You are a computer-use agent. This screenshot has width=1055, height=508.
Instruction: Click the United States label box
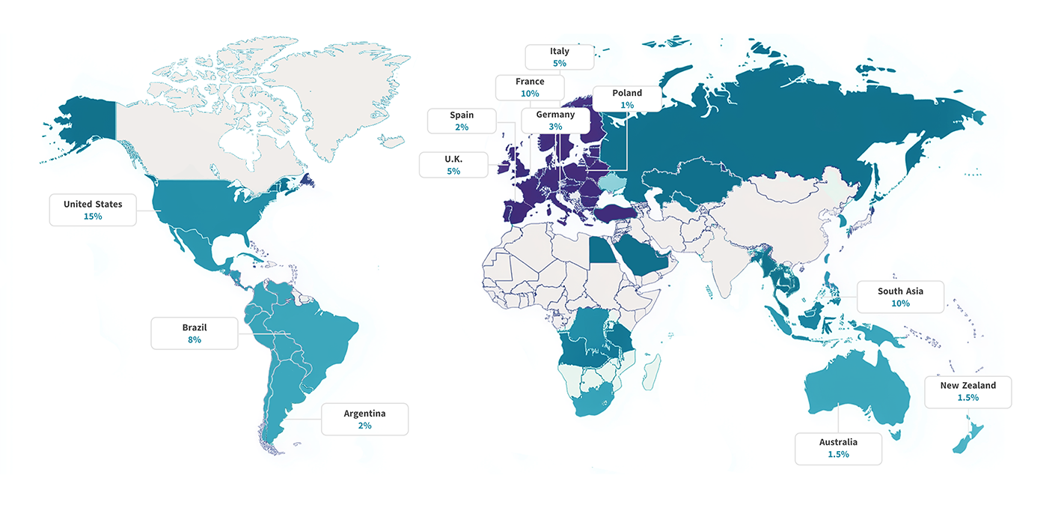tap(93, 210)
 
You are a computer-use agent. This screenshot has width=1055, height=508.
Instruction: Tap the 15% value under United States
tap(93, 217)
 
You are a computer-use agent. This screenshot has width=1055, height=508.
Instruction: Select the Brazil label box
tap(195, 333)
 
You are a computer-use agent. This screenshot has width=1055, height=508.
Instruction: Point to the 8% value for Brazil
tap(195, 340)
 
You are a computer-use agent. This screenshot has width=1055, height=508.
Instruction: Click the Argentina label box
tap(364, 419)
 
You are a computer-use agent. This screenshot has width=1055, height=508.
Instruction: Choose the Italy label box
tap(559, 57)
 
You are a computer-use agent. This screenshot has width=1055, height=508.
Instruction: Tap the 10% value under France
tap(530, 94)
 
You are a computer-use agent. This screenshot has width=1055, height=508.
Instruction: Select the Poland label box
tap(627, 99)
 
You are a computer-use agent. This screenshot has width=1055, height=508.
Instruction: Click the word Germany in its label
tap(555, 115)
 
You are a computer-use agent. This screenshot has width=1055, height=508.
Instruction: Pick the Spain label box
tap(462, 121)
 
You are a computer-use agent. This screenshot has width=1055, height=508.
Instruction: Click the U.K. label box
tap(453, 165)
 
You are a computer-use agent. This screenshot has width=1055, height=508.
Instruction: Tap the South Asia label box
tap(900, 297)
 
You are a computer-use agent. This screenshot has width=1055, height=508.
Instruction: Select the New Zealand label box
tap(967, 392)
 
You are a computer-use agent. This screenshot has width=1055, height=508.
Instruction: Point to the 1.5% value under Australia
tap(838, 455)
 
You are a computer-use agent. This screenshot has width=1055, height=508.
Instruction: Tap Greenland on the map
tap(329, 97)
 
